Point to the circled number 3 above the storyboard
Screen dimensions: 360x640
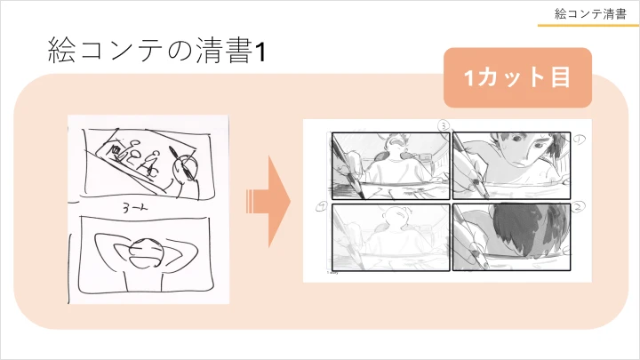442,128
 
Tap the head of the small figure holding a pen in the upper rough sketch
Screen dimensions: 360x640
186,166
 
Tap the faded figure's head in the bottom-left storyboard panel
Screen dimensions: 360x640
390,221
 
